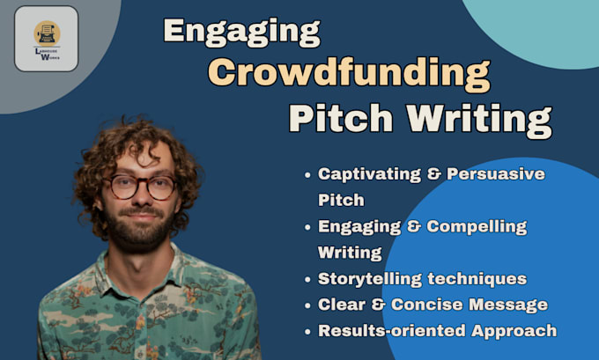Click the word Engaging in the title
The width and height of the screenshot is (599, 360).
(x=241, y=33)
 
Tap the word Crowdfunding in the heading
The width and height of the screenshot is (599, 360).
(x=349, y=74)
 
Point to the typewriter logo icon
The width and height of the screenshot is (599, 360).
(x=47, y=33)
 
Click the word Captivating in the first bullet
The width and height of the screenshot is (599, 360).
(x=368, y=173)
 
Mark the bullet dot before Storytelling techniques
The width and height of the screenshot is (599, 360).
(x=307, y=280)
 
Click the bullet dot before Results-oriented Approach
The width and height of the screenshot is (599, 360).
(x=307, y=332)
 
